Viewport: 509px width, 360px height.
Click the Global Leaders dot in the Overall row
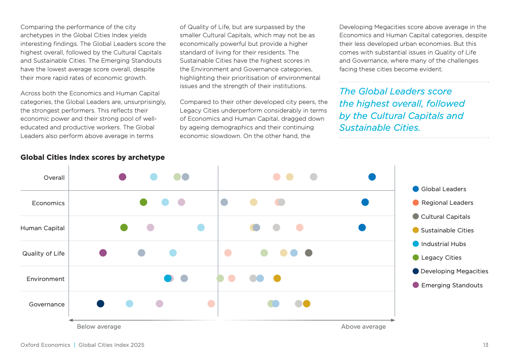point(372,177)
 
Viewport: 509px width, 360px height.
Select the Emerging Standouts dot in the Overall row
point(123,177)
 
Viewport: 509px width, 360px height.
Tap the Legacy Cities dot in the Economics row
point(143,202)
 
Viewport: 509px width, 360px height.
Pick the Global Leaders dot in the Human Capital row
point(362,227)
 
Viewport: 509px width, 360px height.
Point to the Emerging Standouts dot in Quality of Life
point(103,253)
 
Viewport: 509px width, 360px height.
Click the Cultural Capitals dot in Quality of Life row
point(309,253)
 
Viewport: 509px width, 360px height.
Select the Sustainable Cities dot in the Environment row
point(277,278)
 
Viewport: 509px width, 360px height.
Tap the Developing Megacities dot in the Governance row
point(100,304)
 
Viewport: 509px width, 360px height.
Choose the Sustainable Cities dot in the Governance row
point(306,304)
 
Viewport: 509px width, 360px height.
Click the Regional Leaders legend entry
point(447,203)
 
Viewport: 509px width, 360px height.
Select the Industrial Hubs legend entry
point(443,244)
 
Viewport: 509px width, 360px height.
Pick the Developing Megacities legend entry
point(454,271)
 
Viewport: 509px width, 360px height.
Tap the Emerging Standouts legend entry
point(451,285)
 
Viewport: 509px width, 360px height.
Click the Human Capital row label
point(43,228)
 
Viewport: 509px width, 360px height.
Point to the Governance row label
point(47,304)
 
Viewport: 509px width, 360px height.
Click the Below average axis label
point(99,327)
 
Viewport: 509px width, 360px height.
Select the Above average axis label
point(363,327)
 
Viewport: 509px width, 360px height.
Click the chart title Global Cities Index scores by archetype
point(93,158)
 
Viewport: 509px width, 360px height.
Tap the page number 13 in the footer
point(485,345)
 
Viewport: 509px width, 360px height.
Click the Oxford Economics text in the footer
point(45,345)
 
